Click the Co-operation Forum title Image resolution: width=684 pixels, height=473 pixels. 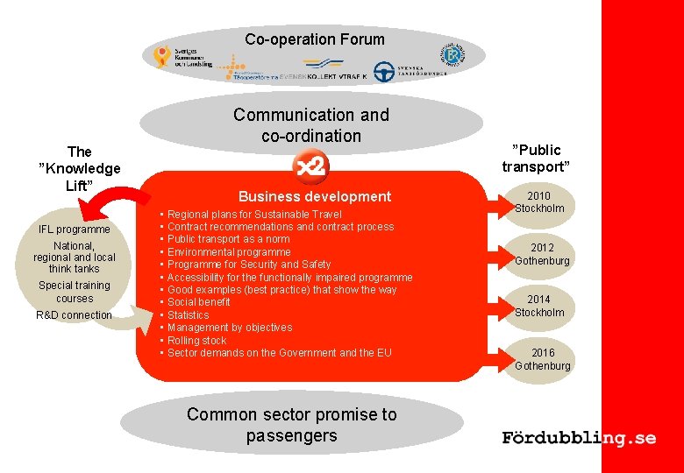315,39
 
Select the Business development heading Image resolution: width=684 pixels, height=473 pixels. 315,196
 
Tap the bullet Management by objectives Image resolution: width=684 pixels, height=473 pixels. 230,328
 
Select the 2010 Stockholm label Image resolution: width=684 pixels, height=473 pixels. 539,202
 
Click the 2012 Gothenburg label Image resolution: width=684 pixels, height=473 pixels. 542,254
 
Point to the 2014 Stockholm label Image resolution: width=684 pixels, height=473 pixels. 539,306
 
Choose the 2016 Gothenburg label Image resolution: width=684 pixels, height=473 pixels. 542,359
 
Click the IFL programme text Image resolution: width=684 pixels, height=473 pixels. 75,229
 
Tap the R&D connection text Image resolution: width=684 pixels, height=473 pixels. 75,315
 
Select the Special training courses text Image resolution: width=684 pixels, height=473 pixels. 75,292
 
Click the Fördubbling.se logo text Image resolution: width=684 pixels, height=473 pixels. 579,438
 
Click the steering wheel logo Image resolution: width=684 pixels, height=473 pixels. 384,72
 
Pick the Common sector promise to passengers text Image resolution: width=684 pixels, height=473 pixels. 291,425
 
